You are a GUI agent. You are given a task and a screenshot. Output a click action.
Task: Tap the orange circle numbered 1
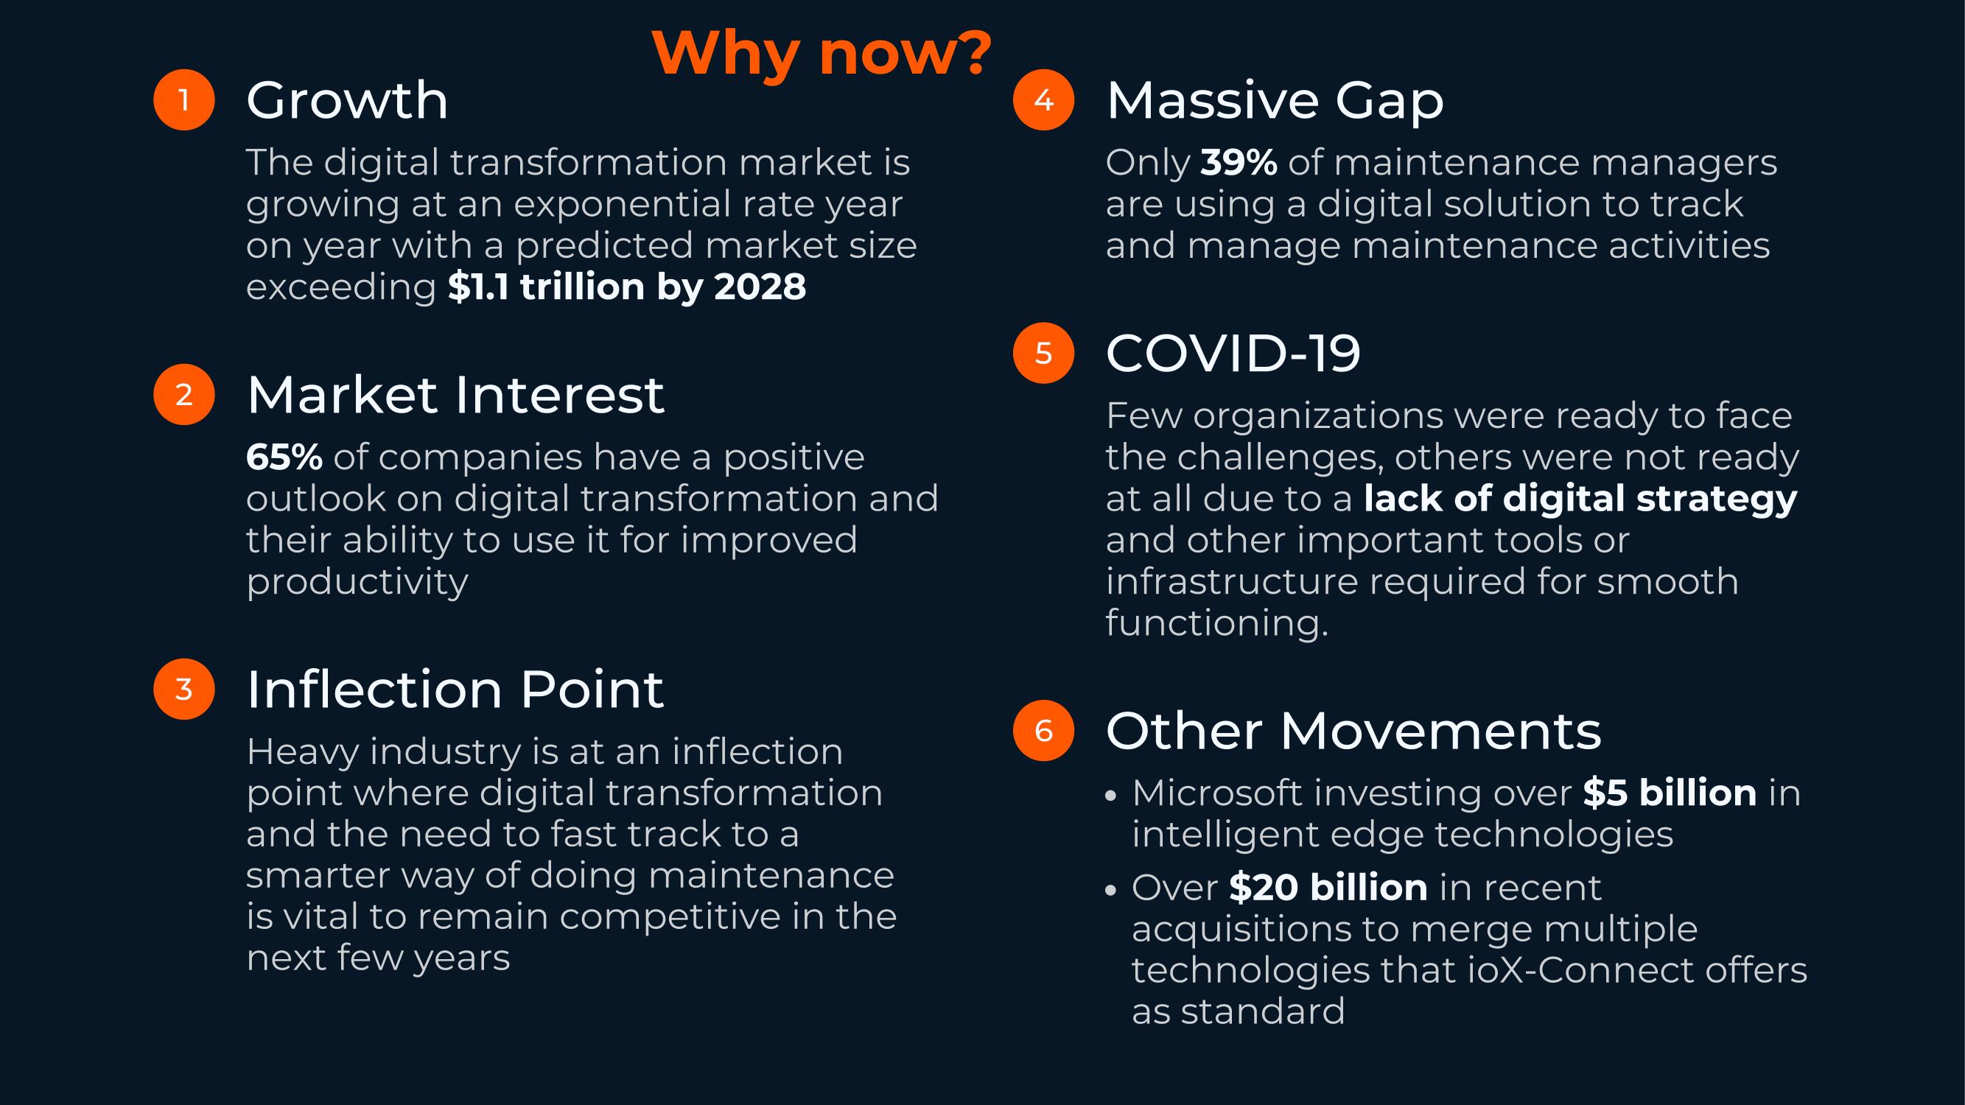(184, 100)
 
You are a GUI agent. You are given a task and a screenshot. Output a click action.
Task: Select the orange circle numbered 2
(184, 394)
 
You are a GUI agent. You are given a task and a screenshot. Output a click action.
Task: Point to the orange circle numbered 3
(184, 689)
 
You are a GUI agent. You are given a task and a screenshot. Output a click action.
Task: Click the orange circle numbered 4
(1043, 100)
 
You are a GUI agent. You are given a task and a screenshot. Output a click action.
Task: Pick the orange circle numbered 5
(1043, 353)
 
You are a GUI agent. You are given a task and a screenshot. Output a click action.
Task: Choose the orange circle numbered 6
(1043, 731)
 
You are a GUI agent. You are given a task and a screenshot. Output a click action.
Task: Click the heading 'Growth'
(347, 101)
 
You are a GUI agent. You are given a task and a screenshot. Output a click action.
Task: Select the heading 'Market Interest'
(455, 395)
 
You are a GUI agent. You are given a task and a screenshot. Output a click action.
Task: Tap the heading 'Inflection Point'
(455, 690)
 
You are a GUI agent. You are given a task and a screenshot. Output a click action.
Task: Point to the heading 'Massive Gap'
(1275, 101)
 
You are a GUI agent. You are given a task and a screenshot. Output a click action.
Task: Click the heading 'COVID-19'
(1233, 354)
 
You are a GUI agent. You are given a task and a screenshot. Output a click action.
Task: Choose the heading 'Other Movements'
(1353, 732)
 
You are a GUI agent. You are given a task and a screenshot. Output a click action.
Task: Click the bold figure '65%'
(284, 457)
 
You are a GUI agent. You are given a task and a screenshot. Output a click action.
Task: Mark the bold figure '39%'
(1239, 162)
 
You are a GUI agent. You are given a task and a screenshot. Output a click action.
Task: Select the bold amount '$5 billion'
(1670, 793)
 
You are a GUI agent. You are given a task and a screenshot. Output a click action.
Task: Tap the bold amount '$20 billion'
(1328, 888)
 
